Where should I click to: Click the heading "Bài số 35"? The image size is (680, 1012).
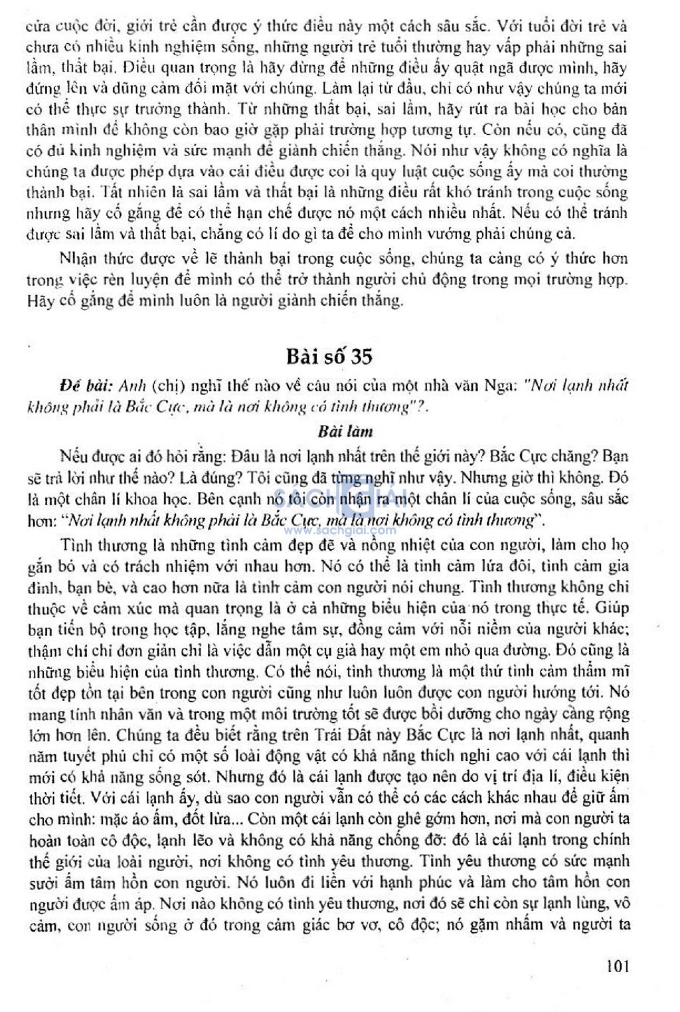pos(329,356)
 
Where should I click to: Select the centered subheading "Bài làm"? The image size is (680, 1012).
pos(345,431)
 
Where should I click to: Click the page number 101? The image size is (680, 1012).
pos(617,965)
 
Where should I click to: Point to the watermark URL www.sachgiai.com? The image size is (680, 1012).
pos(340,531)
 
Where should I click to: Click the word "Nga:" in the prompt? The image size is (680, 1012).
pos(499,385)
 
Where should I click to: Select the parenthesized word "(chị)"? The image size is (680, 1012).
pos(168,385)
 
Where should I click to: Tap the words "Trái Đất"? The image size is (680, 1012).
pos(349,735)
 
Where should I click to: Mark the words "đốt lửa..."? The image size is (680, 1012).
pos(206,819)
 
